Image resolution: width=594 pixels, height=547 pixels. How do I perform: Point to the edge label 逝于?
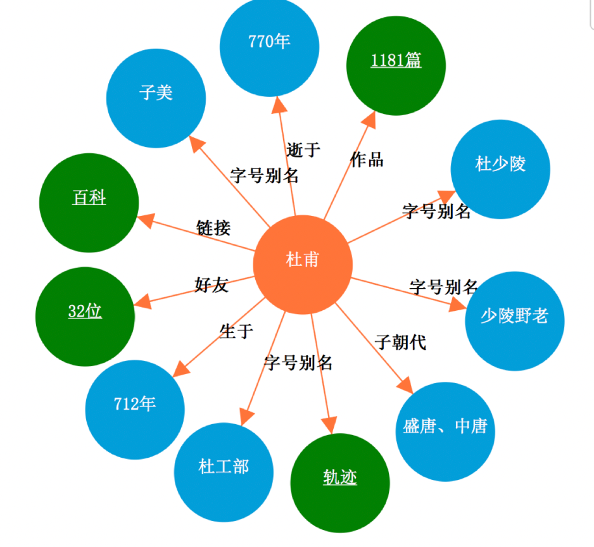303,150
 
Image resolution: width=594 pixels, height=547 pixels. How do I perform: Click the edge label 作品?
367,160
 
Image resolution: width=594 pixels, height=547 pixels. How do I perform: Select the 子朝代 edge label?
400,343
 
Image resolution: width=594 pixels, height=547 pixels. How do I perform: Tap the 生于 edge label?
236,330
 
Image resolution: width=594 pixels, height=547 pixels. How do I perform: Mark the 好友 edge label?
212,285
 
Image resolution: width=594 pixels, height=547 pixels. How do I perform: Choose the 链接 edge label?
213,228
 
